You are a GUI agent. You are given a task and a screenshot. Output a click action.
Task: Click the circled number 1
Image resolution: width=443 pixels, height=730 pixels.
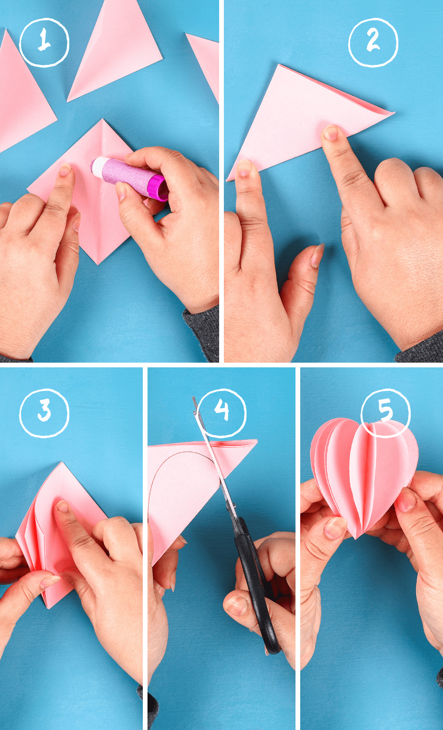click(44, 42)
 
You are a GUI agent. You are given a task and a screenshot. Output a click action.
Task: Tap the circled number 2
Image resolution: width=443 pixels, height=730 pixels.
click(373, 42)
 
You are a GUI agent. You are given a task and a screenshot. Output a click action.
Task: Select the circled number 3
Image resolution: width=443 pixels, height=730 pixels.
click(44, 413)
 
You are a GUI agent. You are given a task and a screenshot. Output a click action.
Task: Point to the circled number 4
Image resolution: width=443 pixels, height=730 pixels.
click(221, 413)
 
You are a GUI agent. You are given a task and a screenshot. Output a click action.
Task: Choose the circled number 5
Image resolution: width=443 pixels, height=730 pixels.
click(385, 413)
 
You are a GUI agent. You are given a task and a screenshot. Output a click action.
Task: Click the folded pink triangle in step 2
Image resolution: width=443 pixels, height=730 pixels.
click(302, 118)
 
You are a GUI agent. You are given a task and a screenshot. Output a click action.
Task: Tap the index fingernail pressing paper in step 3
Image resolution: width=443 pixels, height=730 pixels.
click(62, 506)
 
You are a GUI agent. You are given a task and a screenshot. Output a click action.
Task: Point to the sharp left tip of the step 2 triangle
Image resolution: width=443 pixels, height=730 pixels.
click(228, 179)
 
